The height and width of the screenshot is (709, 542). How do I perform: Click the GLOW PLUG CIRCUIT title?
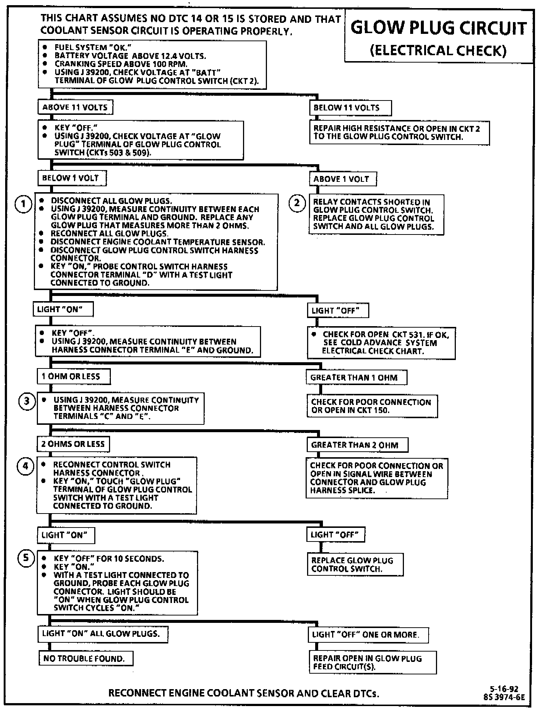coord(438,29)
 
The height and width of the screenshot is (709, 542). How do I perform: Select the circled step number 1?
coord(23,204)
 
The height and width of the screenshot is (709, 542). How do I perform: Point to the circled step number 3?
coord(27,401)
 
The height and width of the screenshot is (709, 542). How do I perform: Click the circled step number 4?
coord(25,466)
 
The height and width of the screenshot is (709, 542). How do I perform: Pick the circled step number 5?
coord(26,558)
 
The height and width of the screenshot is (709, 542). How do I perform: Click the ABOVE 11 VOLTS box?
coord(75,107)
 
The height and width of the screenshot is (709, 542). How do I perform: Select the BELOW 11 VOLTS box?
coord(350,108)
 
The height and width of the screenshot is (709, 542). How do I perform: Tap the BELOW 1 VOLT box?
coord(71,178)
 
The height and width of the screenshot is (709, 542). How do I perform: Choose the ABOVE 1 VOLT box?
coord(342,179)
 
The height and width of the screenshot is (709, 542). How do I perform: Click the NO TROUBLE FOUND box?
coord(85,658)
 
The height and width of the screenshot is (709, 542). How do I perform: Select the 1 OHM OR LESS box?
coord(73,376)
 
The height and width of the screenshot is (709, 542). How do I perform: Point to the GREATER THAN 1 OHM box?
coord(356,377)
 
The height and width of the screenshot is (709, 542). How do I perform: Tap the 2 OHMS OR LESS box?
coord(73,444)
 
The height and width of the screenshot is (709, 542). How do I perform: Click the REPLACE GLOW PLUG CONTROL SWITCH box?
coord(355,564)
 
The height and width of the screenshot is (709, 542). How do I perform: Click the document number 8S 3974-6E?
coord(504,696)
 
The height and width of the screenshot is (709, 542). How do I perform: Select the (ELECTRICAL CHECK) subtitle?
coord(438,50)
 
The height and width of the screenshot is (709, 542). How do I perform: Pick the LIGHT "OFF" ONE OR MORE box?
coord(367,634)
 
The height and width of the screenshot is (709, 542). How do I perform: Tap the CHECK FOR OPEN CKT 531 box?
coord(381,343)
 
